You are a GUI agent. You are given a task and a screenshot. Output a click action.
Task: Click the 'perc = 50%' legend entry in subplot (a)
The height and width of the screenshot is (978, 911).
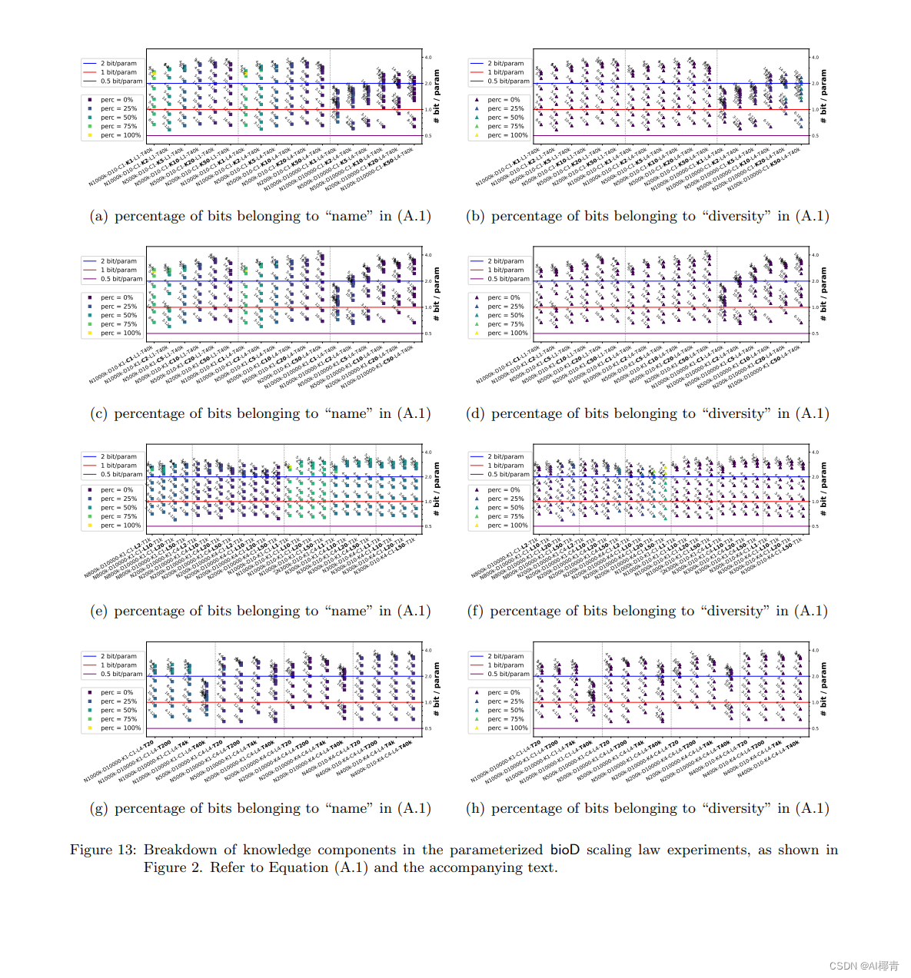click(118, 118)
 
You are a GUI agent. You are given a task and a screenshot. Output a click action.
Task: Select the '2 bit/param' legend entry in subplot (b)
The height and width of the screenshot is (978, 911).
click(505, 64)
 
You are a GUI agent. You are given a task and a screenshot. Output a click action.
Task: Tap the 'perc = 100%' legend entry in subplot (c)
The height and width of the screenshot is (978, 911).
click(120, 333)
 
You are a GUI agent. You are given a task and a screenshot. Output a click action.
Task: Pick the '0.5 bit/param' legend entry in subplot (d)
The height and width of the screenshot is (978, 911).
click(508, 279)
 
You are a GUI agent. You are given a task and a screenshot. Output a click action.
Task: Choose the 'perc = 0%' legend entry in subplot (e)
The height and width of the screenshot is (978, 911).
click(117, 490)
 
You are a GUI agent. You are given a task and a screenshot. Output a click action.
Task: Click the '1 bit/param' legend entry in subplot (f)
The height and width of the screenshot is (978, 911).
click(505, 466)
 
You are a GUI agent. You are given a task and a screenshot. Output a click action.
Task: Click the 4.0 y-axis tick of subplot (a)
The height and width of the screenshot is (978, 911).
click(428, 58)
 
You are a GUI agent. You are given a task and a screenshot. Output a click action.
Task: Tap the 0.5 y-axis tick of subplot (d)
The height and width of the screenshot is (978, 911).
click(815, 333)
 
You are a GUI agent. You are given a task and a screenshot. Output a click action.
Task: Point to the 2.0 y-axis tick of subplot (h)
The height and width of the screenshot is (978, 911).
click(815, 677)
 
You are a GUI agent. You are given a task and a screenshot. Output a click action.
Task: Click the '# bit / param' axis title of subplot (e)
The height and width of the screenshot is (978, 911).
click(437, 484)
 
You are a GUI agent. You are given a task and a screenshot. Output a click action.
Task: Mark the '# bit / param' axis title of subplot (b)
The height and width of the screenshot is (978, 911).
click(823, 96)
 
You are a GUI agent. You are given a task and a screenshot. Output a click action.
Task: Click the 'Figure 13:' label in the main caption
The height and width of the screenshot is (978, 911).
click(102, 850)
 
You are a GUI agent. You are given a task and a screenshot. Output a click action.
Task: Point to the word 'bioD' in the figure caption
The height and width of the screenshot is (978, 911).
click(564, 850)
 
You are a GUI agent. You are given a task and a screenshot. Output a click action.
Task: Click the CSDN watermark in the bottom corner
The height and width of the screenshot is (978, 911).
click(864, 966)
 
